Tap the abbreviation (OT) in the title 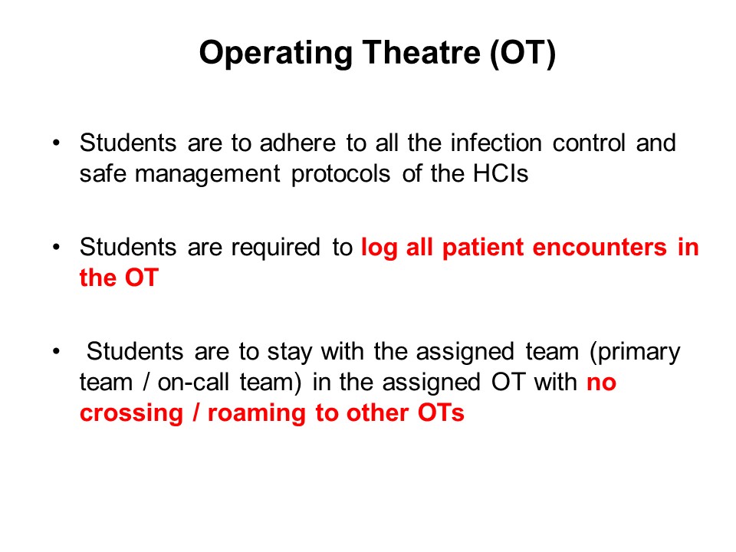click(x=522, y=53)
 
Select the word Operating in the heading click(x=275, y=54)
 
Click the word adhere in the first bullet click(x=297, y=143)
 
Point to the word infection click(x=496, y=143)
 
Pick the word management click(x=208, y=175)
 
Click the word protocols click(x=340, y=175)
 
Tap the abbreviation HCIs click(x=501, y=174)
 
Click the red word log click(x=379, y=248)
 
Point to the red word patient click(x=482, y=248)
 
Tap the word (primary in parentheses click(x=635, y=353)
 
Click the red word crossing click(x=131, y=414)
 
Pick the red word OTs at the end click(x=441, y=413)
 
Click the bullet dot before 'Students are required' click(x=56, y=247)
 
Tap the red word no click(x=601, y=383)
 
